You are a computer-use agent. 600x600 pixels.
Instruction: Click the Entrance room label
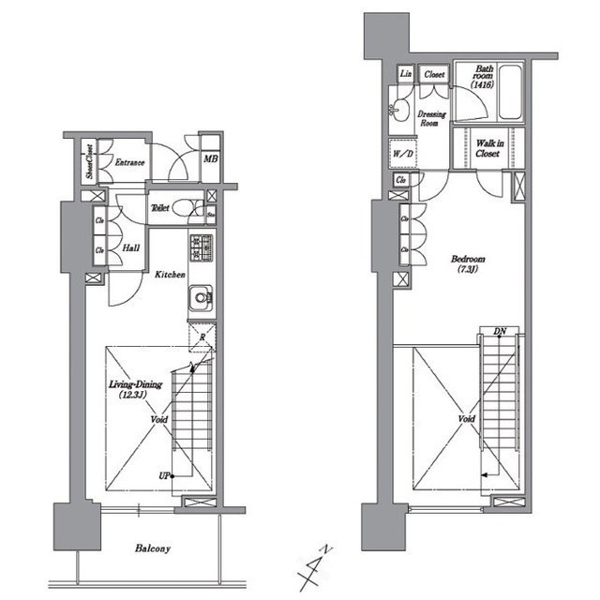point(128,163)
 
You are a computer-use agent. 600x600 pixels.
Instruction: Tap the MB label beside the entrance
point(211,159)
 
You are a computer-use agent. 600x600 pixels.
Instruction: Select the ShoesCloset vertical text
point(89,162)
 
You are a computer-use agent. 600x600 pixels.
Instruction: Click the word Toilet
point(160,208)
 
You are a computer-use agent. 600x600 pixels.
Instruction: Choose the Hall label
point(131,250)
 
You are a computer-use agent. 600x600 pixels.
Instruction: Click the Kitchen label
point(170,275)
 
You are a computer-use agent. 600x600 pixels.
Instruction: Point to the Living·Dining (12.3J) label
point(134,390)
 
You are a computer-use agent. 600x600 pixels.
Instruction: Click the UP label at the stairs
point(164,476)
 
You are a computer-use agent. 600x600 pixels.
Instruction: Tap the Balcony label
point(150,548)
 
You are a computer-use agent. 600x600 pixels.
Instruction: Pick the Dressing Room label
point(428,117)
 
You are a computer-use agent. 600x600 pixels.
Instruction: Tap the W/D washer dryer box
point(403,153)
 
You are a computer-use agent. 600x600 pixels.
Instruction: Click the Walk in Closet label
point(487,146)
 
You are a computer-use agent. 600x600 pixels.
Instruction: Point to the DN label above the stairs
point(500,332)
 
